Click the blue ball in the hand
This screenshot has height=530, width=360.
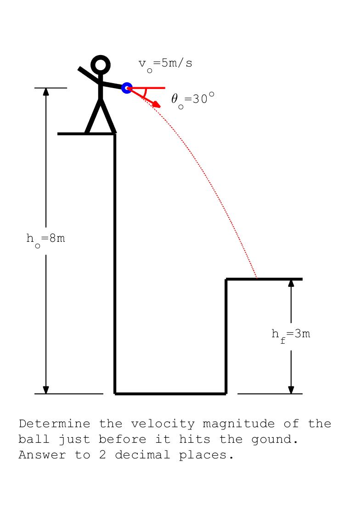pyautogui.click(x=127, y=88)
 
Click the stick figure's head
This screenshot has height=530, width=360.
pyautogui.click(x=101, y=65)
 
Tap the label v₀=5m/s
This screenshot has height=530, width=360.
pyautogui.click(x=165, y=64)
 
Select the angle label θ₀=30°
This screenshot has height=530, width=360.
pyautogui.click(x=192, y=99)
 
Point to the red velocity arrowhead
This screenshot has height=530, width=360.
pyautogui.click(x=157, y=105)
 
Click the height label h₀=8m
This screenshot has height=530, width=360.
pyautogui.click(x=45, y=239)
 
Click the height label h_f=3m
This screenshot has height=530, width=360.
pyautogui.click(x=291, y=335)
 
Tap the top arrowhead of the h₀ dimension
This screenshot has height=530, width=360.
pyautogui.click(x=46, y=91)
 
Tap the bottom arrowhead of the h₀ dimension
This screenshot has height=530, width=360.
pyautogui.click(x=46, y=390)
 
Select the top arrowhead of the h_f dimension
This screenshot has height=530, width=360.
pyautogui.click(x=291, y=283)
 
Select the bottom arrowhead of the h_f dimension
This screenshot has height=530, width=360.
pyautogui.click(x=291, y=390)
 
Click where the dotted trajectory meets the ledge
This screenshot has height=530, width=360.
pyautogui.click(x=257, y=278)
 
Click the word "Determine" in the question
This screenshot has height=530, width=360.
pyautogui.click(x=54, y=424)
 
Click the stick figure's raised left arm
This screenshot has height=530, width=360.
pyautogui.click(x=89, y=76)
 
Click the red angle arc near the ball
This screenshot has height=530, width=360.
pyautogui.click(x=145, y=93)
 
